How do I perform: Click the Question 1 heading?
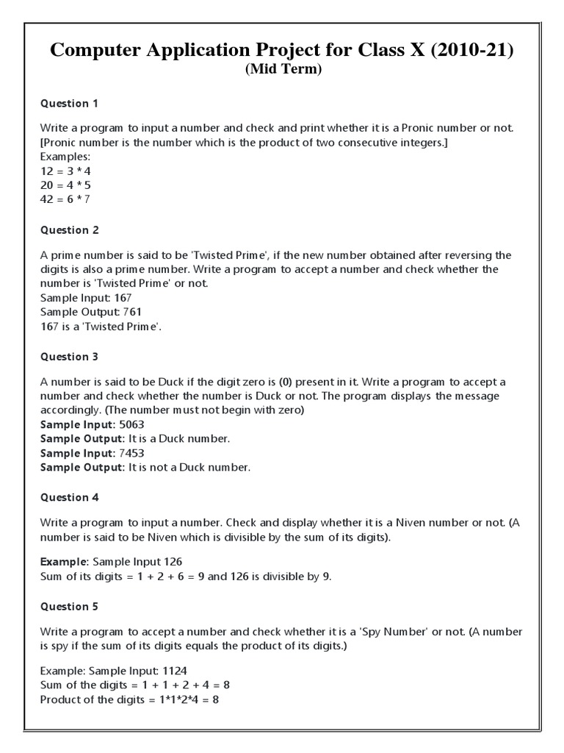[x=69, y=103]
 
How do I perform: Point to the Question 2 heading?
[x=69, y=230]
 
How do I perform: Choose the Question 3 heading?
[x=69, y=357]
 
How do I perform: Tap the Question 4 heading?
[x=69, y=497]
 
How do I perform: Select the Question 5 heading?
[x=69, y=607]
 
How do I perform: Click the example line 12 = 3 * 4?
[x=65, y=171]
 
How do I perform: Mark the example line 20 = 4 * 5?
[x=65, y=185]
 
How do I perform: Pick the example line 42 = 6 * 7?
[x=65, y=199]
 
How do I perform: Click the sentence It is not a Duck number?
[x=189, y=467]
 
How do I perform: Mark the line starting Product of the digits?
[x=129, y=699]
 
